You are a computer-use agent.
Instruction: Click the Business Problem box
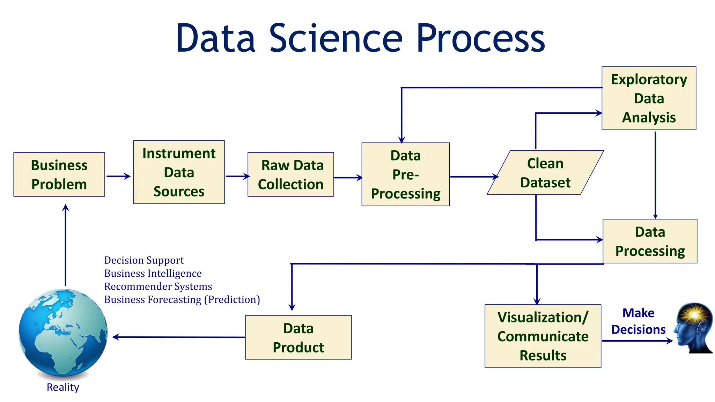(59, 174)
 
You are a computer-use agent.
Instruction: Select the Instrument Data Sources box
(179, 172)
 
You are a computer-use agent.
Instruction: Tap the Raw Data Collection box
(290, 174)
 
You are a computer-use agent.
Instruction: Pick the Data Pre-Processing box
(405, 174)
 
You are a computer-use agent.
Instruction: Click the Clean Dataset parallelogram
(545, 173)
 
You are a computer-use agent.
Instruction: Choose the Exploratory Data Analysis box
(649, 98)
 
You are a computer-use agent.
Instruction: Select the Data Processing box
(650, 241)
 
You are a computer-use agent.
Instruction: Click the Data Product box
(298, 337)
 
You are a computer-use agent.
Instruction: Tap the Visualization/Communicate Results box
(543, 336)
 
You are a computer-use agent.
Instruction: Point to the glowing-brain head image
(693, 328)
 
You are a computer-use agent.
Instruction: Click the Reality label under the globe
(63, 387)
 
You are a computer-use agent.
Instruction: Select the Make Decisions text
(638, 321)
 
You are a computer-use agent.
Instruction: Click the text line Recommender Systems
(158, 286)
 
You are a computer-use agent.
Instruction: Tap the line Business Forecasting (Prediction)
(182, 299)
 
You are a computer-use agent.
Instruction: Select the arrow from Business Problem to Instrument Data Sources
(118, 176)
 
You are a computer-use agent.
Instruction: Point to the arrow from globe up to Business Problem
(65, 244)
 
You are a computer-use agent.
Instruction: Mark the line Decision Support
(144, 260)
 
